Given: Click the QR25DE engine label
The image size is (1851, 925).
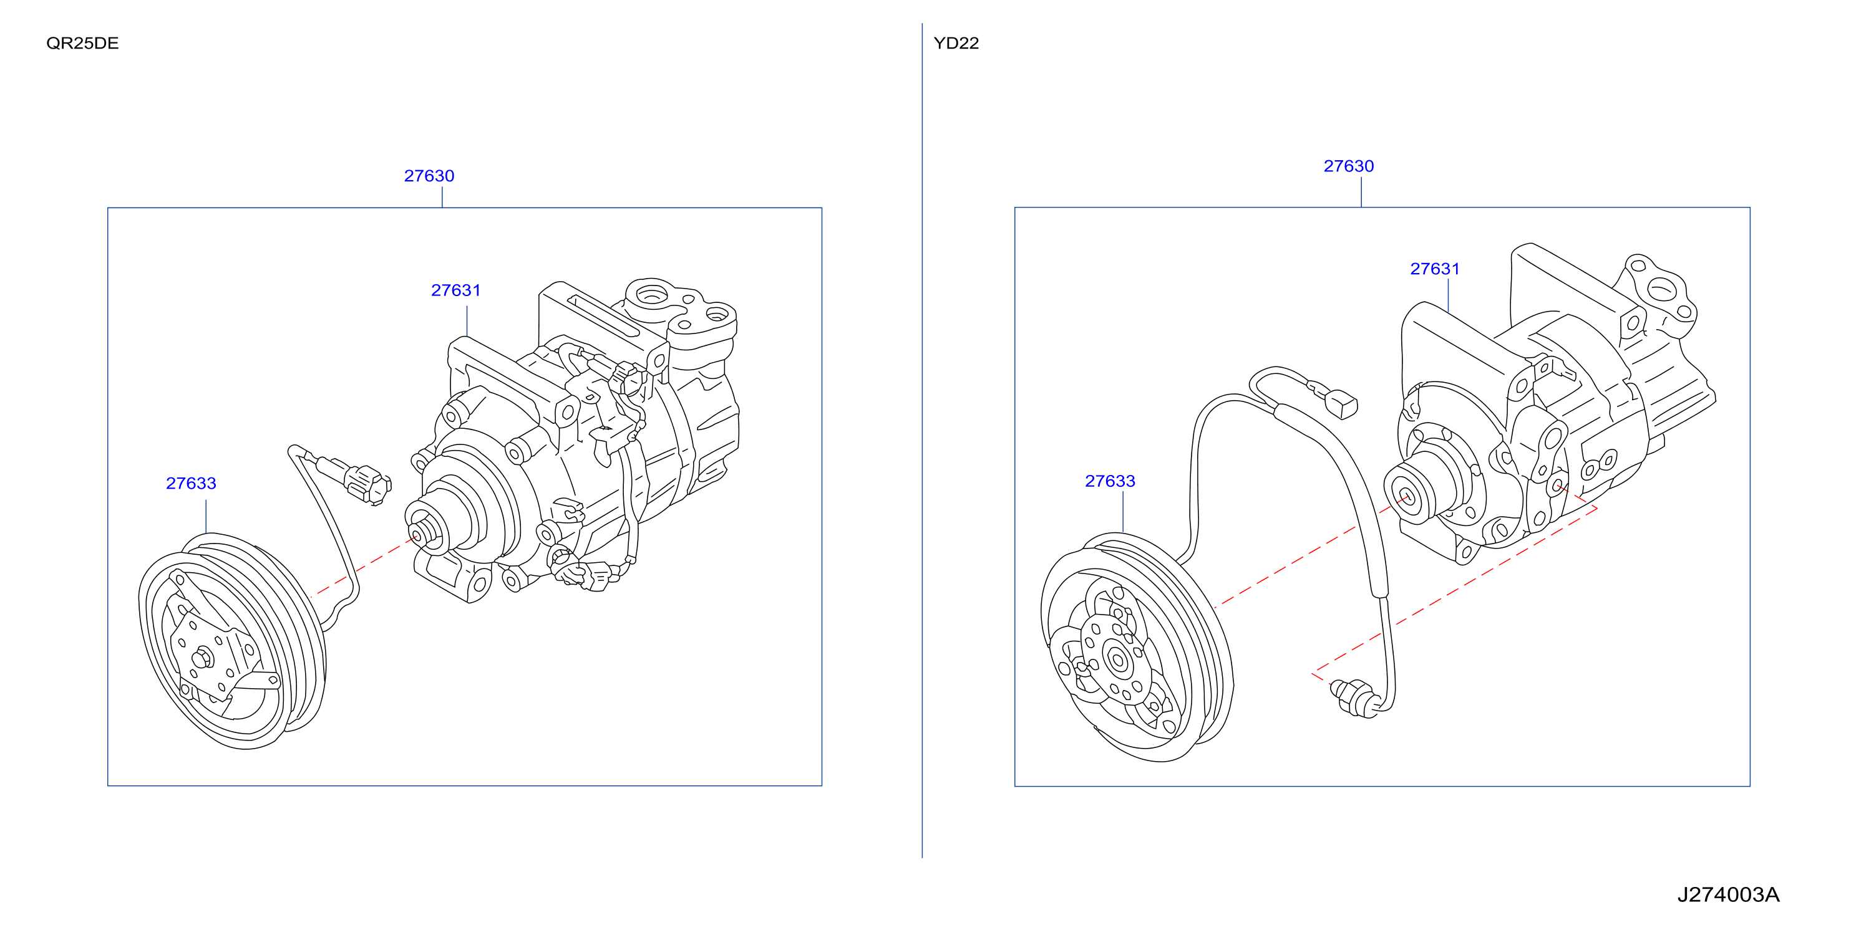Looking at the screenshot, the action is (x=82, y=43).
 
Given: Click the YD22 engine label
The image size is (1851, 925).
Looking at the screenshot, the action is (x=956, y=43).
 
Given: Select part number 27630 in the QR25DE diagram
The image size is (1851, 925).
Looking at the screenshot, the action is (x=429, y=176).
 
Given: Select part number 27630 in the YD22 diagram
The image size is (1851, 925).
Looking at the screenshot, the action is (x=1349, y=166).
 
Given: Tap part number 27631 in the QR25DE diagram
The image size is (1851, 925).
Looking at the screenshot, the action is (x=455, y=290).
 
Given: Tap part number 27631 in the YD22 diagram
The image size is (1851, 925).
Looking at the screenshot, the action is (x=1435, y=269).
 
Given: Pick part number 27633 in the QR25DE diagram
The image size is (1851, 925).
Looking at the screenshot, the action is (x=191, y=483).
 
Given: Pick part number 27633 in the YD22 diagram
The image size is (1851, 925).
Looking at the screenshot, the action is (x=1110, y=481).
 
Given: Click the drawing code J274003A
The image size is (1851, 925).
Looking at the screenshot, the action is (x=1728, y=895).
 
